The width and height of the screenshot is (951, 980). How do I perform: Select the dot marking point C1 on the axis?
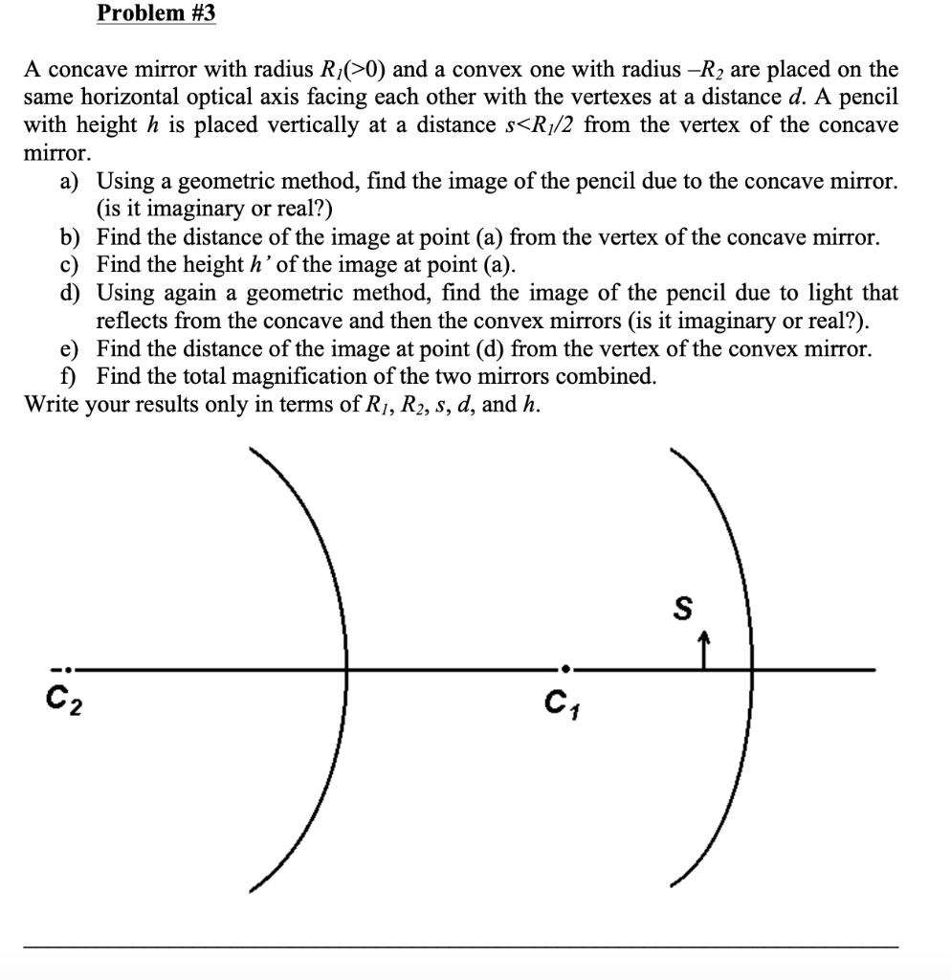(x=566, y=669)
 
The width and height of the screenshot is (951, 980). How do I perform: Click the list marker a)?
(x=70, y=181)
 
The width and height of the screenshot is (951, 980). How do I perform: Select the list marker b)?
(x=70, y=237)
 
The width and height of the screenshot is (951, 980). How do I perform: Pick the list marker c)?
(x=70, y=265)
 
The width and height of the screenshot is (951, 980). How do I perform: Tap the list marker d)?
(x=70, y=293)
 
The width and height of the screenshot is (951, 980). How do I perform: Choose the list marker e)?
(x=70, y=348)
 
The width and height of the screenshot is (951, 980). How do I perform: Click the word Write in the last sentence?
(x=52, y=404)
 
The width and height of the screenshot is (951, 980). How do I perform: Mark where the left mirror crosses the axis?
(x=347, y=669)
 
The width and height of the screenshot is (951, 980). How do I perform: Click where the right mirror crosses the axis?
(x=749, y=669)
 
